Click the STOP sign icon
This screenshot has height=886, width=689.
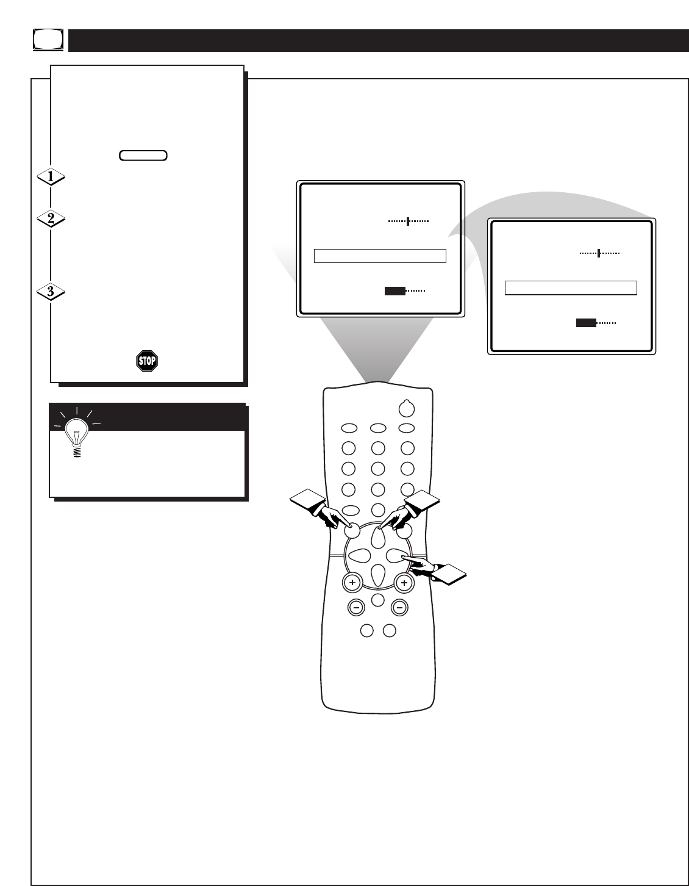(x=146, y=361)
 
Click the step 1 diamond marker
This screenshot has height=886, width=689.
(x=51, y=178)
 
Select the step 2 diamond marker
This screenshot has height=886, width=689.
(x=51, y=220)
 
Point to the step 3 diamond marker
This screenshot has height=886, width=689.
(x=51, y=292)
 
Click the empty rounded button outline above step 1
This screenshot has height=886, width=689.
(x=143, y=155)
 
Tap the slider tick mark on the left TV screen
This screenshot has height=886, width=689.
(x=407, y=221)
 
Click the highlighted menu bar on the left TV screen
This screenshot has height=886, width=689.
(x=380, y=256)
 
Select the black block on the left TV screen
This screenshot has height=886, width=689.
(x=394, y=290)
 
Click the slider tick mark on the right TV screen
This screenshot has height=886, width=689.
(x=599, y=253)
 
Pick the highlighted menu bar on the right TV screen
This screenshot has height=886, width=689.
(x=571, y=288)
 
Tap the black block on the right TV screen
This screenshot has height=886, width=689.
(x=586, y=323)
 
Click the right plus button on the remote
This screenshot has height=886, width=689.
(x=404, y=583)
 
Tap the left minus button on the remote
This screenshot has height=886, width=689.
(x=356, y=607)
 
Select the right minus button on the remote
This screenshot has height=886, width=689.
(x=399, y=607)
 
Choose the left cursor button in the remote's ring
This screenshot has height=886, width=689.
(x=360, y=556)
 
